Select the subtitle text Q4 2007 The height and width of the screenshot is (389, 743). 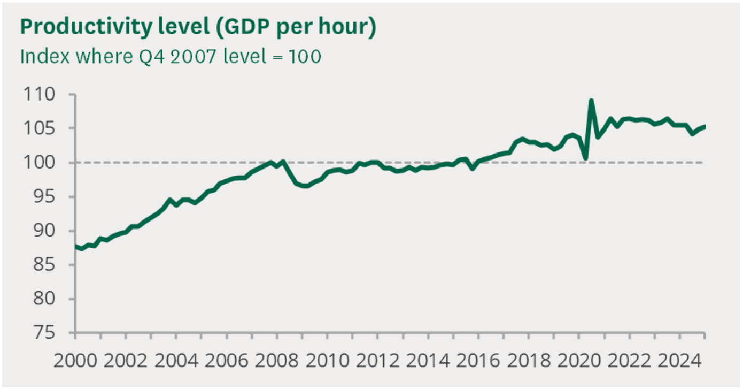coord(174,56)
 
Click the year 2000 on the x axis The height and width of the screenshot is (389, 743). coord(74,360)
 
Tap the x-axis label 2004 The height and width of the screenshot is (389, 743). coord(175,360)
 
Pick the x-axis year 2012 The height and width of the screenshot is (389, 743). coord(376,360)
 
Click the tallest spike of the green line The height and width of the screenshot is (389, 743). coord(591,100)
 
